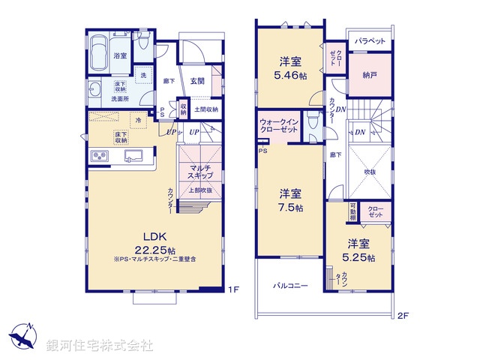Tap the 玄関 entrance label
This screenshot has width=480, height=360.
coord(197,81)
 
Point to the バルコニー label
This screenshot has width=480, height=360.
coord(290,286)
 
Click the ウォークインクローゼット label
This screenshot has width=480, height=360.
coord(281,124)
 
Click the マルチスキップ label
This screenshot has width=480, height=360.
coord(200,172)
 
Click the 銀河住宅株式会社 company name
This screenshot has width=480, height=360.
coord(100,345)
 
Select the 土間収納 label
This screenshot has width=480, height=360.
coord(206,110)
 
